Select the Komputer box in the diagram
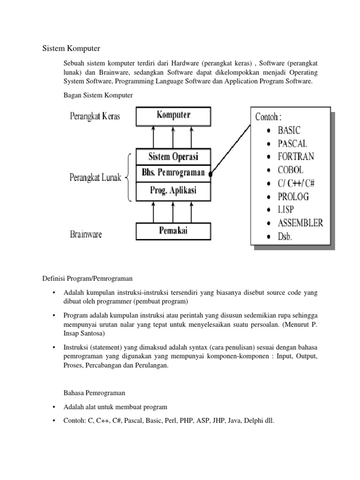coord(173,115)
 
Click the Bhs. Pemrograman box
coord(173,172)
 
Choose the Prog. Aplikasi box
coord(173,190)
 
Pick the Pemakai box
coord(173,231)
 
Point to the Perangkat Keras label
coord(95,116)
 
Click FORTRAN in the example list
coord(296,156)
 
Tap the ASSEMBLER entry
coord(300,223)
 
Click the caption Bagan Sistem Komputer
coord(98,95)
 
